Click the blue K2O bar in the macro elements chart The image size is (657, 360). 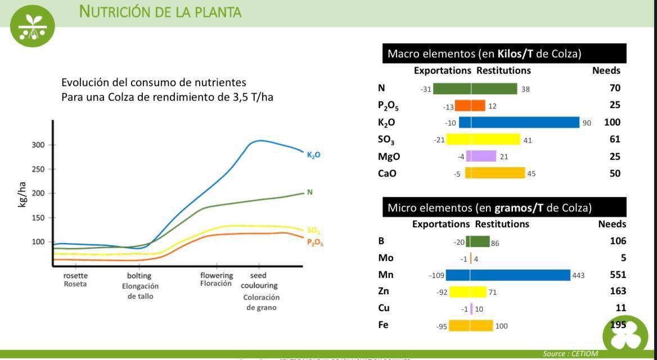coord(519,123)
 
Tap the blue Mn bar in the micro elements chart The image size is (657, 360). coord(508,275)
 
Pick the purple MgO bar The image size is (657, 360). coord(480,156)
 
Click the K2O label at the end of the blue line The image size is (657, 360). coord(314,155)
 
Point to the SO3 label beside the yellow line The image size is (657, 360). coord(313,230)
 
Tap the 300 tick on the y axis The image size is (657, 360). coord(38,145)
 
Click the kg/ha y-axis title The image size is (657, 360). coord(22,194)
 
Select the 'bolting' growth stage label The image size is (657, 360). coord(139,276)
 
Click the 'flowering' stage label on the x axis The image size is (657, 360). coord(217,275)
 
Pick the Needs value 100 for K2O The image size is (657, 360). coord(612,123)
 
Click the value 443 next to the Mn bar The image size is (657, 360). coord(578,276)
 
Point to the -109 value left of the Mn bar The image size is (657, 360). coord(437,276)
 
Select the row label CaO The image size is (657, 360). coord(387,173)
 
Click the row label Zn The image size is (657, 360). coord(384,291)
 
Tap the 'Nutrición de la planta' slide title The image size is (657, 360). coord(160,11)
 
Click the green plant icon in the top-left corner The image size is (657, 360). coord(32,25)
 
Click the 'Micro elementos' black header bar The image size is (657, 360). coord(504,208)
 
